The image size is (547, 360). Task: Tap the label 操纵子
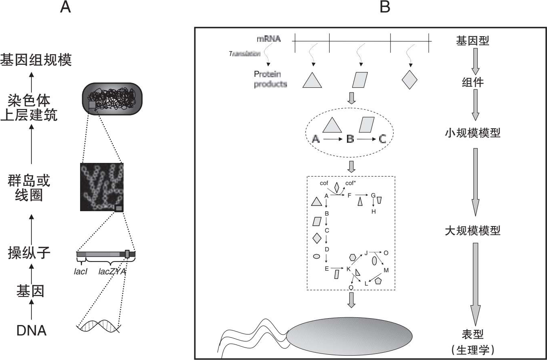29,253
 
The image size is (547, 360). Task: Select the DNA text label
31,331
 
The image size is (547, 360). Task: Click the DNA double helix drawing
99,327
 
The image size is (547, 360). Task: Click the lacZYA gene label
112,272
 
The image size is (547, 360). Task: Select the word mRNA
268,39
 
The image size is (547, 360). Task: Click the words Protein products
270,79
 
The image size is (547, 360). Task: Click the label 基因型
473,40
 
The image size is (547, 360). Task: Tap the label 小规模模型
473,133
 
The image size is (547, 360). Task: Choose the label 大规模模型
473,230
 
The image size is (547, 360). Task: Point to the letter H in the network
374,212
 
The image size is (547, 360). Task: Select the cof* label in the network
350,183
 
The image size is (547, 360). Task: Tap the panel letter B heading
385,8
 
